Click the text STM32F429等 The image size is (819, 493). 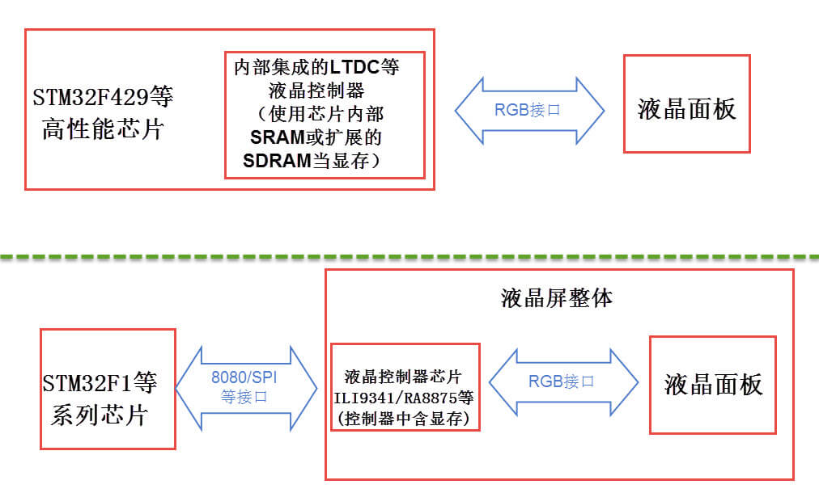[104, 99]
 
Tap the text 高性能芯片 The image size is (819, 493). [103, 129]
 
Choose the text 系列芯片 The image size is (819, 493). [100, 415]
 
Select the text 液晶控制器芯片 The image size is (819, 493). [403, 377]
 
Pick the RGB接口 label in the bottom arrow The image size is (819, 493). [562, 381]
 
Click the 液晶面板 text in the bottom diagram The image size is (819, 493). [713, 384]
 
